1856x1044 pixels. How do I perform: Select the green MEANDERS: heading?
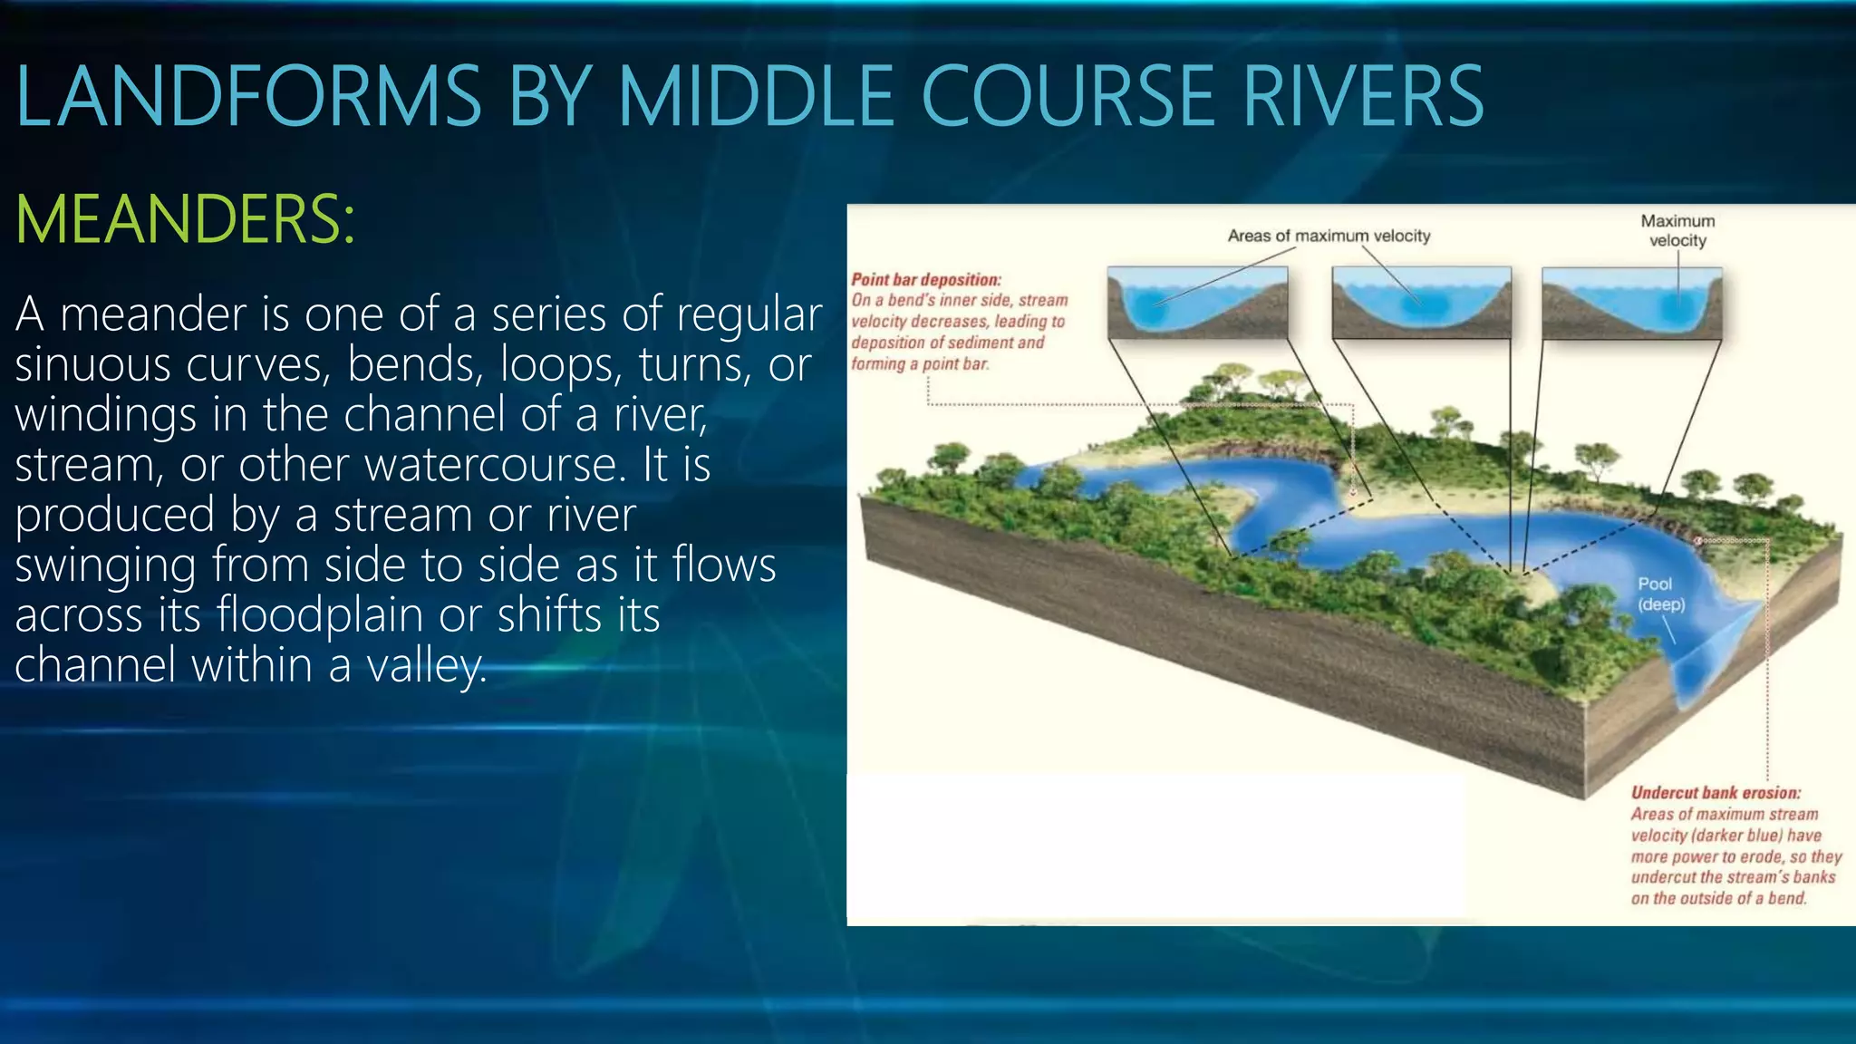coord(186,219)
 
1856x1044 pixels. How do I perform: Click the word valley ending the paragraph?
coord(425,665)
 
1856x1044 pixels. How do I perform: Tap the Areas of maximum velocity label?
coord(1329,236)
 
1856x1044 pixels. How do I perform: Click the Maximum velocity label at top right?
coord(1677,230)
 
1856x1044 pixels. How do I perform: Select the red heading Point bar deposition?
coord(925,280)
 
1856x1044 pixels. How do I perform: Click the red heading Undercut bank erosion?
coord(1716,793)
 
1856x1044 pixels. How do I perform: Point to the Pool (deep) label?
coord(1660,594)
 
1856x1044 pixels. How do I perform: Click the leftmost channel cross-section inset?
coord(1197,303)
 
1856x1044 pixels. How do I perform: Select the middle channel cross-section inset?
coord(1421,303)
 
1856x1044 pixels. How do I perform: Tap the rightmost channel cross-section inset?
coord(1631,303)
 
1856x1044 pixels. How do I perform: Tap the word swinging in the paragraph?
coord(105,565)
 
